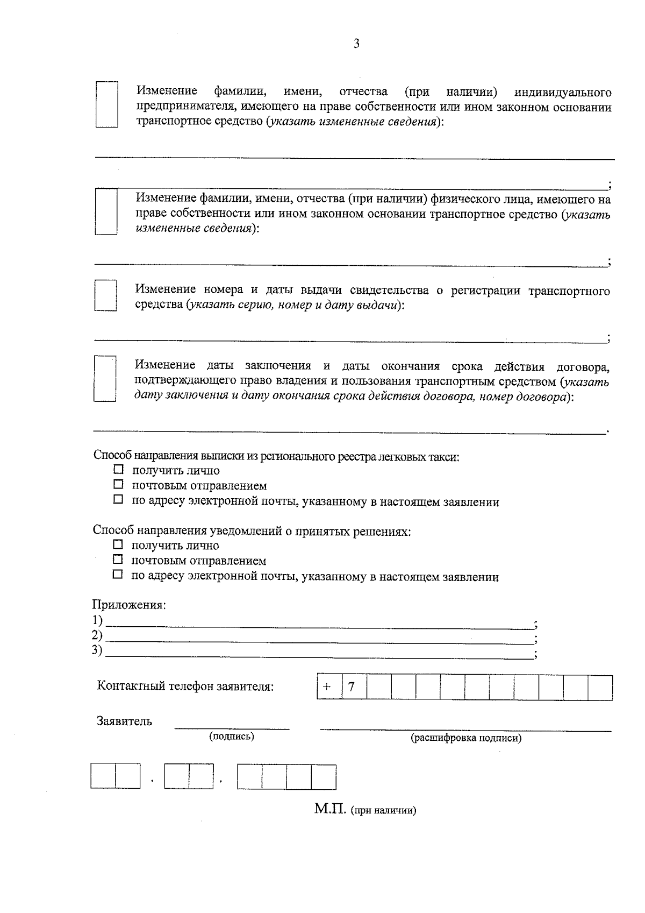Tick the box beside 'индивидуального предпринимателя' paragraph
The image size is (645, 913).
coord(106,104)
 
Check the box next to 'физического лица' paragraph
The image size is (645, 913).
coord(106,211)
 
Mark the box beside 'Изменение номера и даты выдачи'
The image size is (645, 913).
coord(105,295)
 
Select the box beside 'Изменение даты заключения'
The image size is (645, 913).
coord(105,378)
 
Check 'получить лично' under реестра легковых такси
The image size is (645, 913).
coord(118,470)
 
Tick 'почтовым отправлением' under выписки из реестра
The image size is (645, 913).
coord(118,485)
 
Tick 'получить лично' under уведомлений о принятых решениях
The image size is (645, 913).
coord(118,544)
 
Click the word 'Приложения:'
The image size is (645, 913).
coord(130,605)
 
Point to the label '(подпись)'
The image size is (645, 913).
coord(232,737)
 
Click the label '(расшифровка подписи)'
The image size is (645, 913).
coord(466,738)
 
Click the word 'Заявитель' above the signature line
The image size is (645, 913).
coord(124,721)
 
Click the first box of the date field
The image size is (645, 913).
coord(103,777)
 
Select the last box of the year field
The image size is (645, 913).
coord(324,777)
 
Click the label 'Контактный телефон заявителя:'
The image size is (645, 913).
coord(185,687)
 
